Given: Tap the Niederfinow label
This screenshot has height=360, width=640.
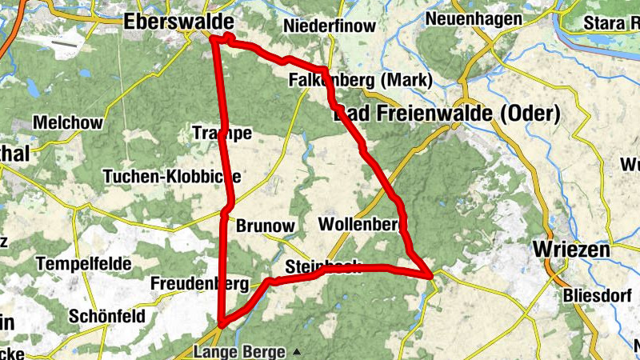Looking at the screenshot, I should [329, 26].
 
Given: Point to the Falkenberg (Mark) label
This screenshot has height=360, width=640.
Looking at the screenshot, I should [360, 80].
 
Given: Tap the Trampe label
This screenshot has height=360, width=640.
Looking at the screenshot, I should [222, 133].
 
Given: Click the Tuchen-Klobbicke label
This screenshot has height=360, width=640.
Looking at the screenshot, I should [171, 176].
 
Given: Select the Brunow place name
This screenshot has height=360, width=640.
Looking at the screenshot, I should [266, 226].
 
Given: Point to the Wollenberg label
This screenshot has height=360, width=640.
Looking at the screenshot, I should [359, 224].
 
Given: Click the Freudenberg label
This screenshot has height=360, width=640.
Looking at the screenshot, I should [200, 283].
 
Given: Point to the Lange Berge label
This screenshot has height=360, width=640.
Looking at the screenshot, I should [239, 351].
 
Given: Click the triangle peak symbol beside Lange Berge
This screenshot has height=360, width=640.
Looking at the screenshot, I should [297, 351].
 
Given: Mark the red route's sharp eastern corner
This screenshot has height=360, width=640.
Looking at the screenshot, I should [432, 275].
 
